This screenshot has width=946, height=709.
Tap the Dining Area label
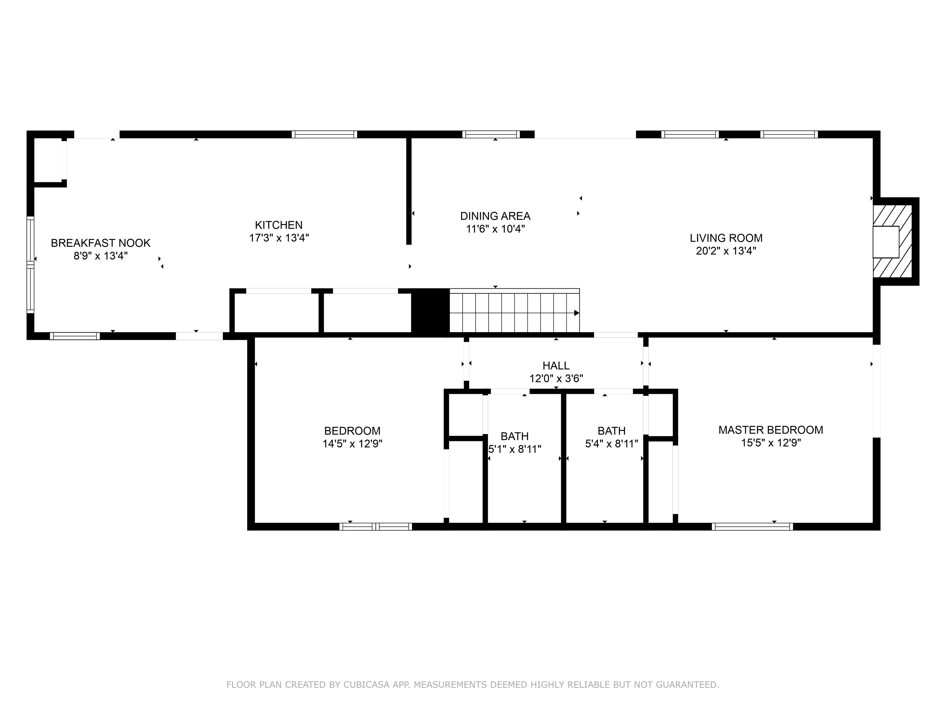(x=495, y=216)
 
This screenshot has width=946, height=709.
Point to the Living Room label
(x=726, y=238)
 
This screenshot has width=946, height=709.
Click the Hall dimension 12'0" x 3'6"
(x=556, y=379)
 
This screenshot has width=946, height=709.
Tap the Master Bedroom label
(x=770, y=430)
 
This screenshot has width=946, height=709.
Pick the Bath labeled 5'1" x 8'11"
(x=515, y=443)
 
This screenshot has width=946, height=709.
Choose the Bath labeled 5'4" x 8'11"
(x=612, y=438)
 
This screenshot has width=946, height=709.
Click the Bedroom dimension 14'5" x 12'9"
(x=352, y=444)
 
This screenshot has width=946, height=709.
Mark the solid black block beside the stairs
(x=430, y=311)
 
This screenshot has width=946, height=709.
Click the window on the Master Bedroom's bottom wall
(x=752, y=527)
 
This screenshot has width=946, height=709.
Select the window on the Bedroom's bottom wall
(x=375, y=527)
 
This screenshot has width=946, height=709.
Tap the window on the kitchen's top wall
(x=324, y=134)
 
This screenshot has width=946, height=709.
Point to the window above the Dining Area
(x=491, y=134)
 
